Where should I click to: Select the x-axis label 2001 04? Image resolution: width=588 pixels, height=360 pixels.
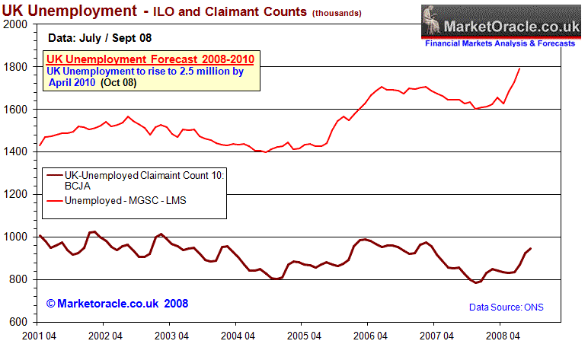38,335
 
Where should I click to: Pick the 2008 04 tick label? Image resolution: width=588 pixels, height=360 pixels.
498,335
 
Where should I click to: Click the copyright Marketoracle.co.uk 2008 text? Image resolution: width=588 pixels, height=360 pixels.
117,304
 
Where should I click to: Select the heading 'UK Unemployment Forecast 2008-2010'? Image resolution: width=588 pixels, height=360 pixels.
150,59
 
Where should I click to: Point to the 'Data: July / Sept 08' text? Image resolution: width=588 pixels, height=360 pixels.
104,37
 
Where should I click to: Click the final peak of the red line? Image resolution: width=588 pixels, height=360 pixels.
519,68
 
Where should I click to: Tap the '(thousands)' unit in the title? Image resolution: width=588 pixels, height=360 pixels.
336,14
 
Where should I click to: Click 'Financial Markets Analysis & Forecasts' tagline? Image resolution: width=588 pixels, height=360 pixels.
500,45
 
